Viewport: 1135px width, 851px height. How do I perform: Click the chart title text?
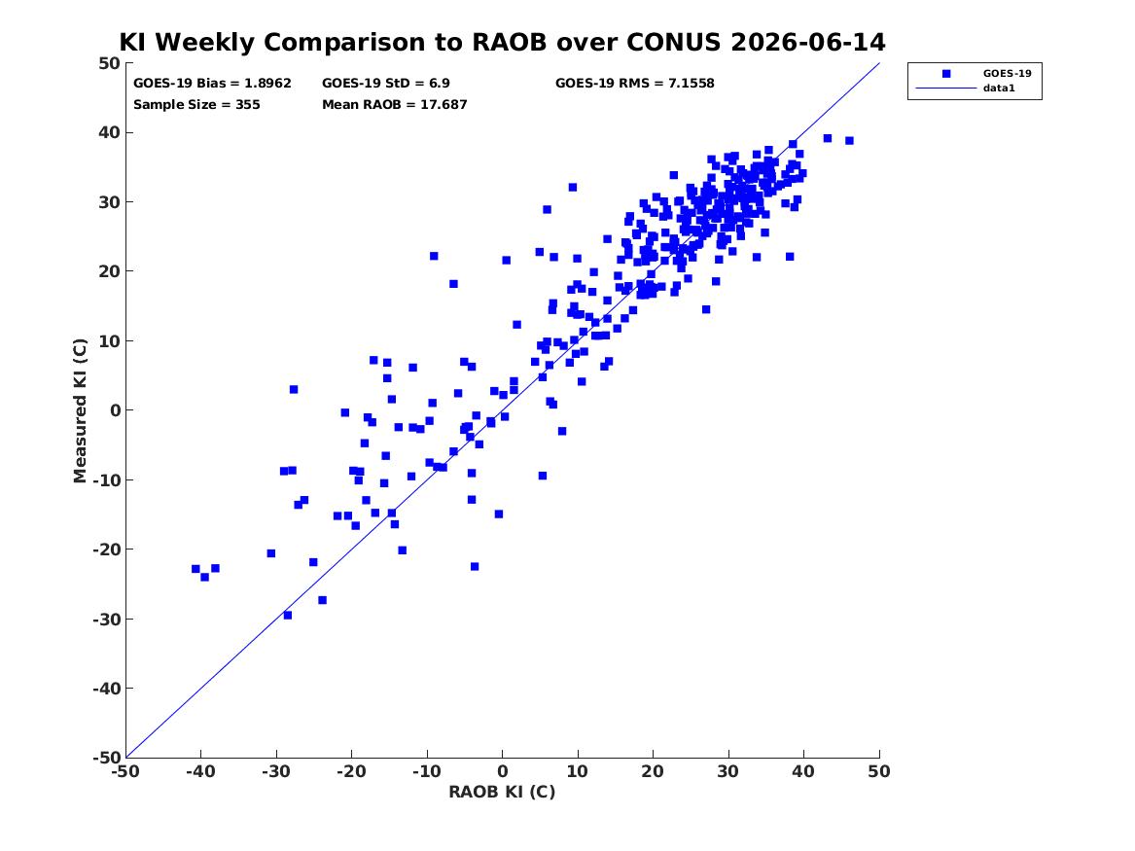click(x=502, y=42)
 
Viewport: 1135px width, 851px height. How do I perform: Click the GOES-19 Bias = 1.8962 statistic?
click(x=212, y=84)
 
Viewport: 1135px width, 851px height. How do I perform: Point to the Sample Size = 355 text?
click(x=196, y=104)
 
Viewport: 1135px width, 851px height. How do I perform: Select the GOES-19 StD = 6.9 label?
click(x=386, y=84)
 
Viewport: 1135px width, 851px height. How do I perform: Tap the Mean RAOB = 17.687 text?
click(x=395, y=104)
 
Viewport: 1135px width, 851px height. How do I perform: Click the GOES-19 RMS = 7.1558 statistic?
click(x=635, y=84)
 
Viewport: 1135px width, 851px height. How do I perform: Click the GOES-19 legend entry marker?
click(x=946, y=73)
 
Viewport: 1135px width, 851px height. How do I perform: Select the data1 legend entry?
click(x=999, y=89)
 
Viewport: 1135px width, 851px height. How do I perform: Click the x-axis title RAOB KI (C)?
click(x=502, y=792)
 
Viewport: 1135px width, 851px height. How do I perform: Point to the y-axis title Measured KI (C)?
click(x=80, y=410)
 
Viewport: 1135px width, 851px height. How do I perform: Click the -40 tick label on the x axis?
click(x=200, y=771)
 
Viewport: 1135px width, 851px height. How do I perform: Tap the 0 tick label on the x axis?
click(x=503, y=771)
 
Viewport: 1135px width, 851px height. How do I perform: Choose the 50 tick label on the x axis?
click(x=879, y=771)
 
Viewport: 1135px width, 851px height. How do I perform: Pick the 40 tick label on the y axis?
click(x=109, y=132)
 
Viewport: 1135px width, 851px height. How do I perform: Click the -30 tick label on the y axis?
click(x=106, y=619)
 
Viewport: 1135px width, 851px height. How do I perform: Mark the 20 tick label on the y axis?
click(x=109, y=271)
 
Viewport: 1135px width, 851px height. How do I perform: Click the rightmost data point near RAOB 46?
click(x=849, y=140)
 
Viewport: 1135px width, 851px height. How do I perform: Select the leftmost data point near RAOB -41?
click(x=195, y=569)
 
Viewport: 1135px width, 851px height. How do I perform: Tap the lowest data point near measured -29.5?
click(x=287, y=615)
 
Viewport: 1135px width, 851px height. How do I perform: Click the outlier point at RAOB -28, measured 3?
click(x=293, y=389)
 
